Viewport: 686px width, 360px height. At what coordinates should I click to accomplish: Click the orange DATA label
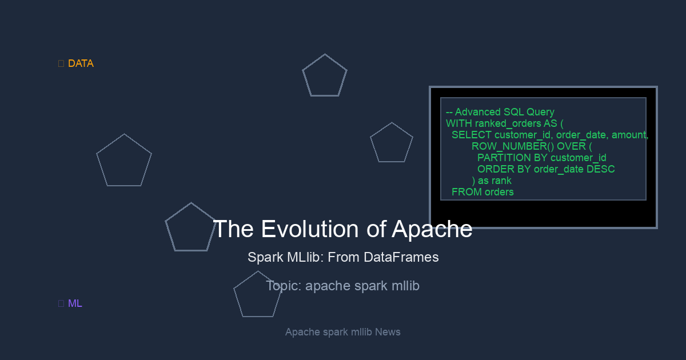[81, 63]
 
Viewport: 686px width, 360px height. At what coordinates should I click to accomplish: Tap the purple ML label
[75, 303]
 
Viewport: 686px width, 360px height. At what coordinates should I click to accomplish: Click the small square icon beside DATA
[61, 63]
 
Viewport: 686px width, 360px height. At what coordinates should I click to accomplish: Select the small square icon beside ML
[61, 303]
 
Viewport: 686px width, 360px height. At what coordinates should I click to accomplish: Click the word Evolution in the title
[310, 229]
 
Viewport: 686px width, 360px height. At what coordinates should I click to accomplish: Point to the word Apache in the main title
[432, 230]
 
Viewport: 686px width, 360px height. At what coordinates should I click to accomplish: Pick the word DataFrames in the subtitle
[401, 257]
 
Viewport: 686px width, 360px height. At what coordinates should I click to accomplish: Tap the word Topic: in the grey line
[284, 286]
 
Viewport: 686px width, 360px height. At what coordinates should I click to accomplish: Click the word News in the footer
[388, 332]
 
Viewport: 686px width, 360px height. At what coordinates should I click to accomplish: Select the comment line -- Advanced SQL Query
[500, 112]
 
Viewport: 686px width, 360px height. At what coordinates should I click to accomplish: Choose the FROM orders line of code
[482, 192]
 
